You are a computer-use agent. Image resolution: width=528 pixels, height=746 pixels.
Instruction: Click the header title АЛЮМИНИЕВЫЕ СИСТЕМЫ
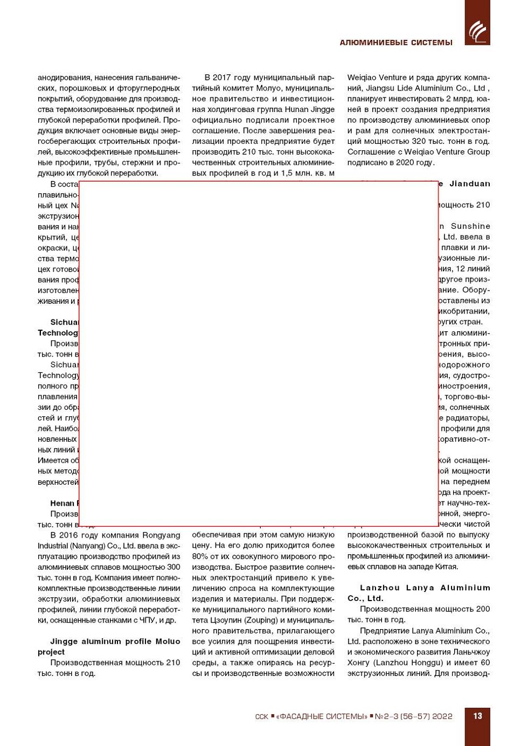pos(396,43)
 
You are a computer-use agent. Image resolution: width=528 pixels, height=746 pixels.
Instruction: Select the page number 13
pos(477,716)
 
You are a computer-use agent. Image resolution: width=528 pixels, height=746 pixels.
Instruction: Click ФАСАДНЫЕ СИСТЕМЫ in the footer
pos(322,716)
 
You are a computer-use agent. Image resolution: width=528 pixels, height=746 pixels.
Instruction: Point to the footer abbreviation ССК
pos(261,716)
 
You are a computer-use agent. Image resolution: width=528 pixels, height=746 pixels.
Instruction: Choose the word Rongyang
pos(161,535)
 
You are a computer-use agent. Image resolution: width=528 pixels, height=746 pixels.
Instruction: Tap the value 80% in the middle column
pos(200,556)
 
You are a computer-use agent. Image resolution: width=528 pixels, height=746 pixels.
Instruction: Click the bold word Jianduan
pos(470,184)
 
